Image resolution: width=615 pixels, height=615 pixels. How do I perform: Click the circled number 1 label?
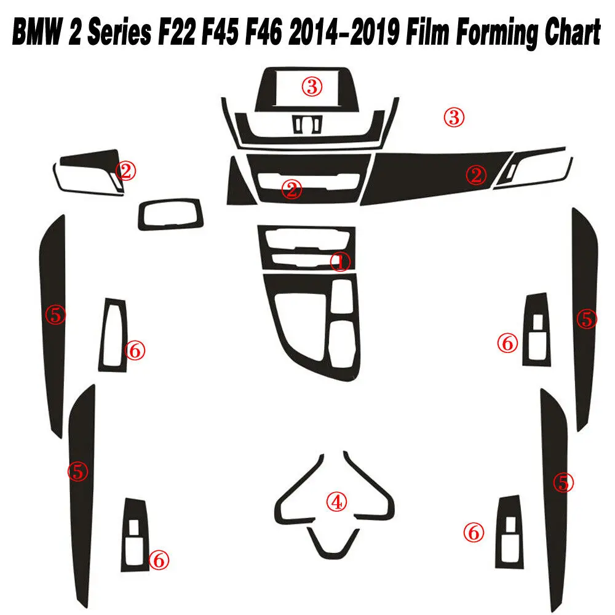(x=339, y=261)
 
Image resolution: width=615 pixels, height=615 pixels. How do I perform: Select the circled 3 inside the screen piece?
(x=311, y=87)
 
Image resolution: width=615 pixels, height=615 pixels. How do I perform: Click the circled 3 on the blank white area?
(x=454, y=117)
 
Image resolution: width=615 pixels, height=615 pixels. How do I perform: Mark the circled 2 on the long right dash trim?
(x=475, y=175)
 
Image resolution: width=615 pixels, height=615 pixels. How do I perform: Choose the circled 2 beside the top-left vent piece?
(x=126, y=170)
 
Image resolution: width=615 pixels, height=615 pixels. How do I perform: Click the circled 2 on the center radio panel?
(x=292, y=189)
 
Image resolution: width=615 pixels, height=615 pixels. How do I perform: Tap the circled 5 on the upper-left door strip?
(x=55, y=315)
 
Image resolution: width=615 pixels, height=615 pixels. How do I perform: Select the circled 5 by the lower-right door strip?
(x=563, y=482)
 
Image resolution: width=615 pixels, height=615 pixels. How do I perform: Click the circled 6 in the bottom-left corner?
(x=159, y=560)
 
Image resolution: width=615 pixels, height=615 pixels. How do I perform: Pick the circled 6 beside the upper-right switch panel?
(x=507, y=343)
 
